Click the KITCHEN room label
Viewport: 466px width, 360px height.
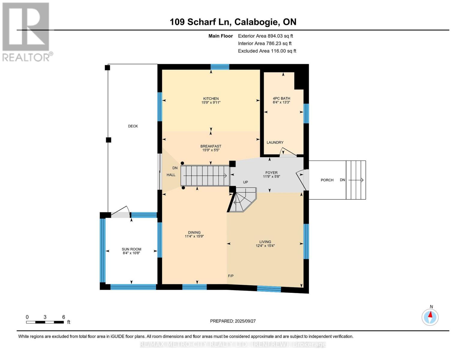[211, 98]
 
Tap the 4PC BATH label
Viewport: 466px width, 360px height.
[281, 98]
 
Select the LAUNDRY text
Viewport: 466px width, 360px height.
[275, 142]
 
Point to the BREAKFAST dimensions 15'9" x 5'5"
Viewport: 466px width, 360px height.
[211, 150]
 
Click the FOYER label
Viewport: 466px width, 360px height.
[271, 172]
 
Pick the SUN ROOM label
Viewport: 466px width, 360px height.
[131, 249]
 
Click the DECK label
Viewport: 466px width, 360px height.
[133, 126]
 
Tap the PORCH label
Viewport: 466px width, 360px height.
[327, 180]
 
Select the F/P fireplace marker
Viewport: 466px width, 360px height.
[230, 276]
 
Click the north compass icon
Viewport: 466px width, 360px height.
[430, 317]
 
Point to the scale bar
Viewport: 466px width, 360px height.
[45, 322]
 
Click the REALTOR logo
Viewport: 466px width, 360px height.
[26, 31]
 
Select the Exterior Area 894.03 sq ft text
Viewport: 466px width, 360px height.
[265, 36]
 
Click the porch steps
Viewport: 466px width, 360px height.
[356, 180]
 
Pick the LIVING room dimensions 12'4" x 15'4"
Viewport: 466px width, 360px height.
[265, 246]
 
